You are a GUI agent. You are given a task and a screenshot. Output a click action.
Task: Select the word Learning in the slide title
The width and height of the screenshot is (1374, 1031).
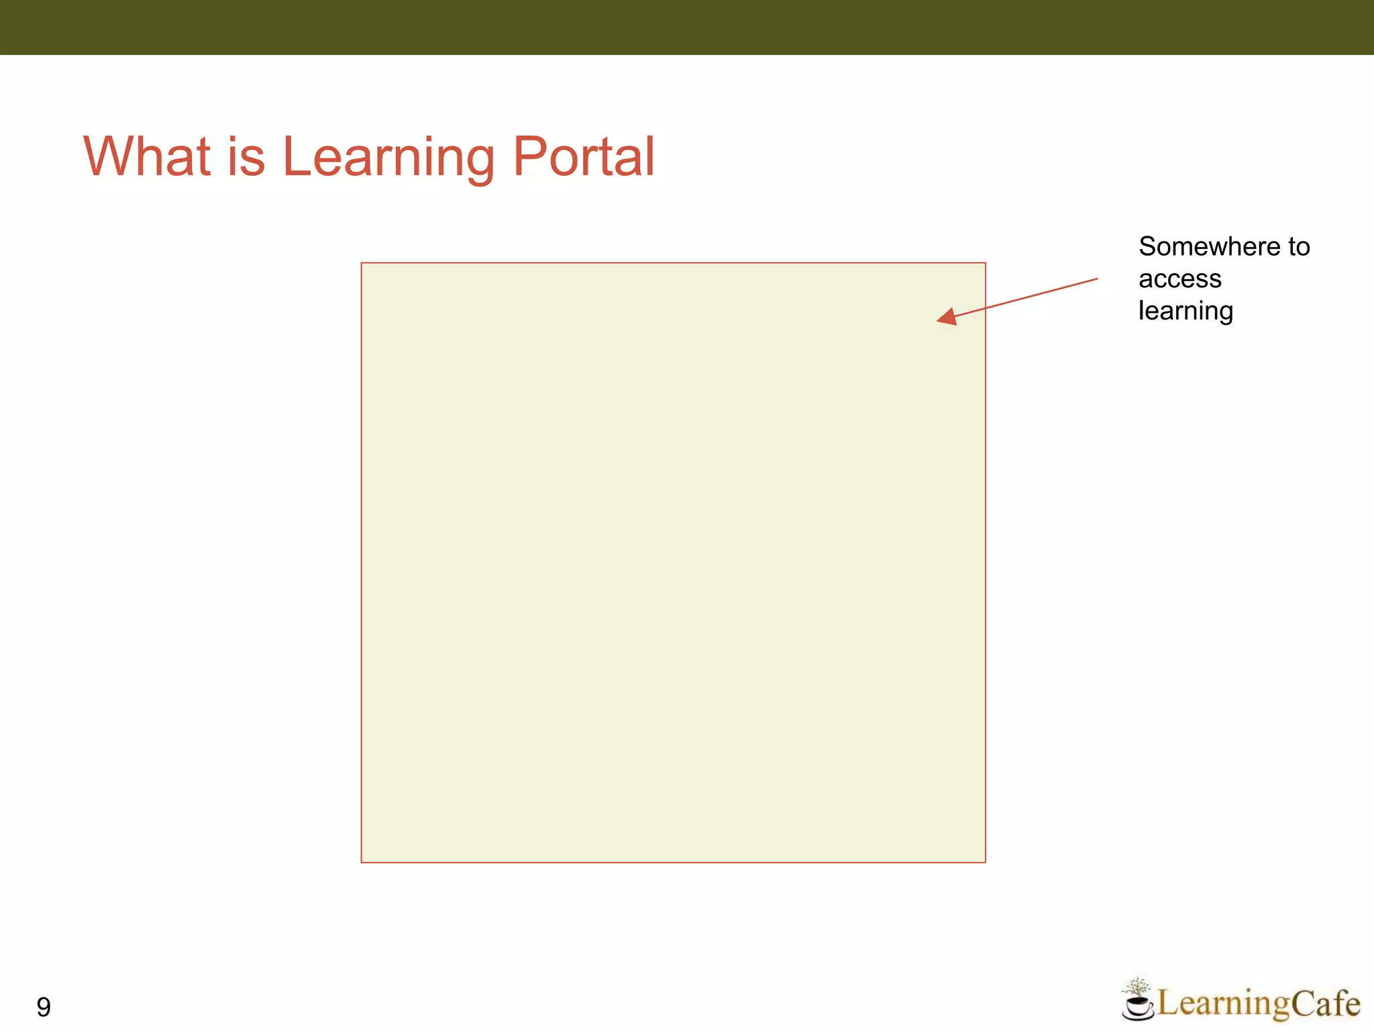[x=388, y=158]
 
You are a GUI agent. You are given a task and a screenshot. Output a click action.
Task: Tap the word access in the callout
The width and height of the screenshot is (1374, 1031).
[x=1179, y=279]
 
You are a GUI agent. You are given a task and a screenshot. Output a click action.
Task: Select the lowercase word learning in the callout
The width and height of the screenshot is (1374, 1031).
[x=1185, y=311]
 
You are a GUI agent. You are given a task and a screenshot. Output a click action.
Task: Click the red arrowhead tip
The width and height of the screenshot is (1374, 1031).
[x=939, y=320]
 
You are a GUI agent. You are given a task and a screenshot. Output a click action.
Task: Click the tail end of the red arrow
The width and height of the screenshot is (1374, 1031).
[x=1097, y=279]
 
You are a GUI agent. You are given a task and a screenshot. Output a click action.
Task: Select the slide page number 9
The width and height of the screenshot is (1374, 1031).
[x=44, y=1007]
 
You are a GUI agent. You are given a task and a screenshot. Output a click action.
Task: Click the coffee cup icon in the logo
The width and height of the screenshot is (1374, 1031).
[x=1137, y=1008]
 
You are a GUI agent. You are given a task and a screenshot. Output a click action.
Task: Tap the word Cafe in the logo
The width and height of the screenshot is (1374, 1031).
[x=1325, y=1004]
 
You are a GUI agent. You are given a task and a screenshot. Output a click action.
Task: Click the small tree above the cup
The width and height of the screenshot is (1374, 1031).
[x=1137, y=987]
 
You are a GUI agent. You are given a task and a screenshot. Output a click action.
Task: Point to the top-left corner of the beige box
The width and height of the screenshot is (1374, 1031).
[x=362, y=263]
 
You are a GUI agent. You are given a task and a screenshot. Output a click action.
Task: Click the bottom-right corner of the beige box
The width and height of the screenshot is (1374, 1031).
[x=985, y=862]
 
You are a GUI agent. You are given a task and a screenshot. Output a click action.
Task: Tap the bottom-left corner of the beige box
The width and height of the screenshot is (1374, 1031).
[x=362, y=862]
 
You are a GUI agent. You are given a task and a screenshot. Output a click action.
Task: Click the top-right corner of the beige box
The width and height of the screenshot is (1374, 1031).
[x=985, y=263]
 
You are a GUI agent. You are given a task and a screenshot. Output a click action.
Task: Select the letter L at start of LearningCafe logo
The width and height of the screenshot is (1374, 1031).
[x=1169, y=1004]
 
